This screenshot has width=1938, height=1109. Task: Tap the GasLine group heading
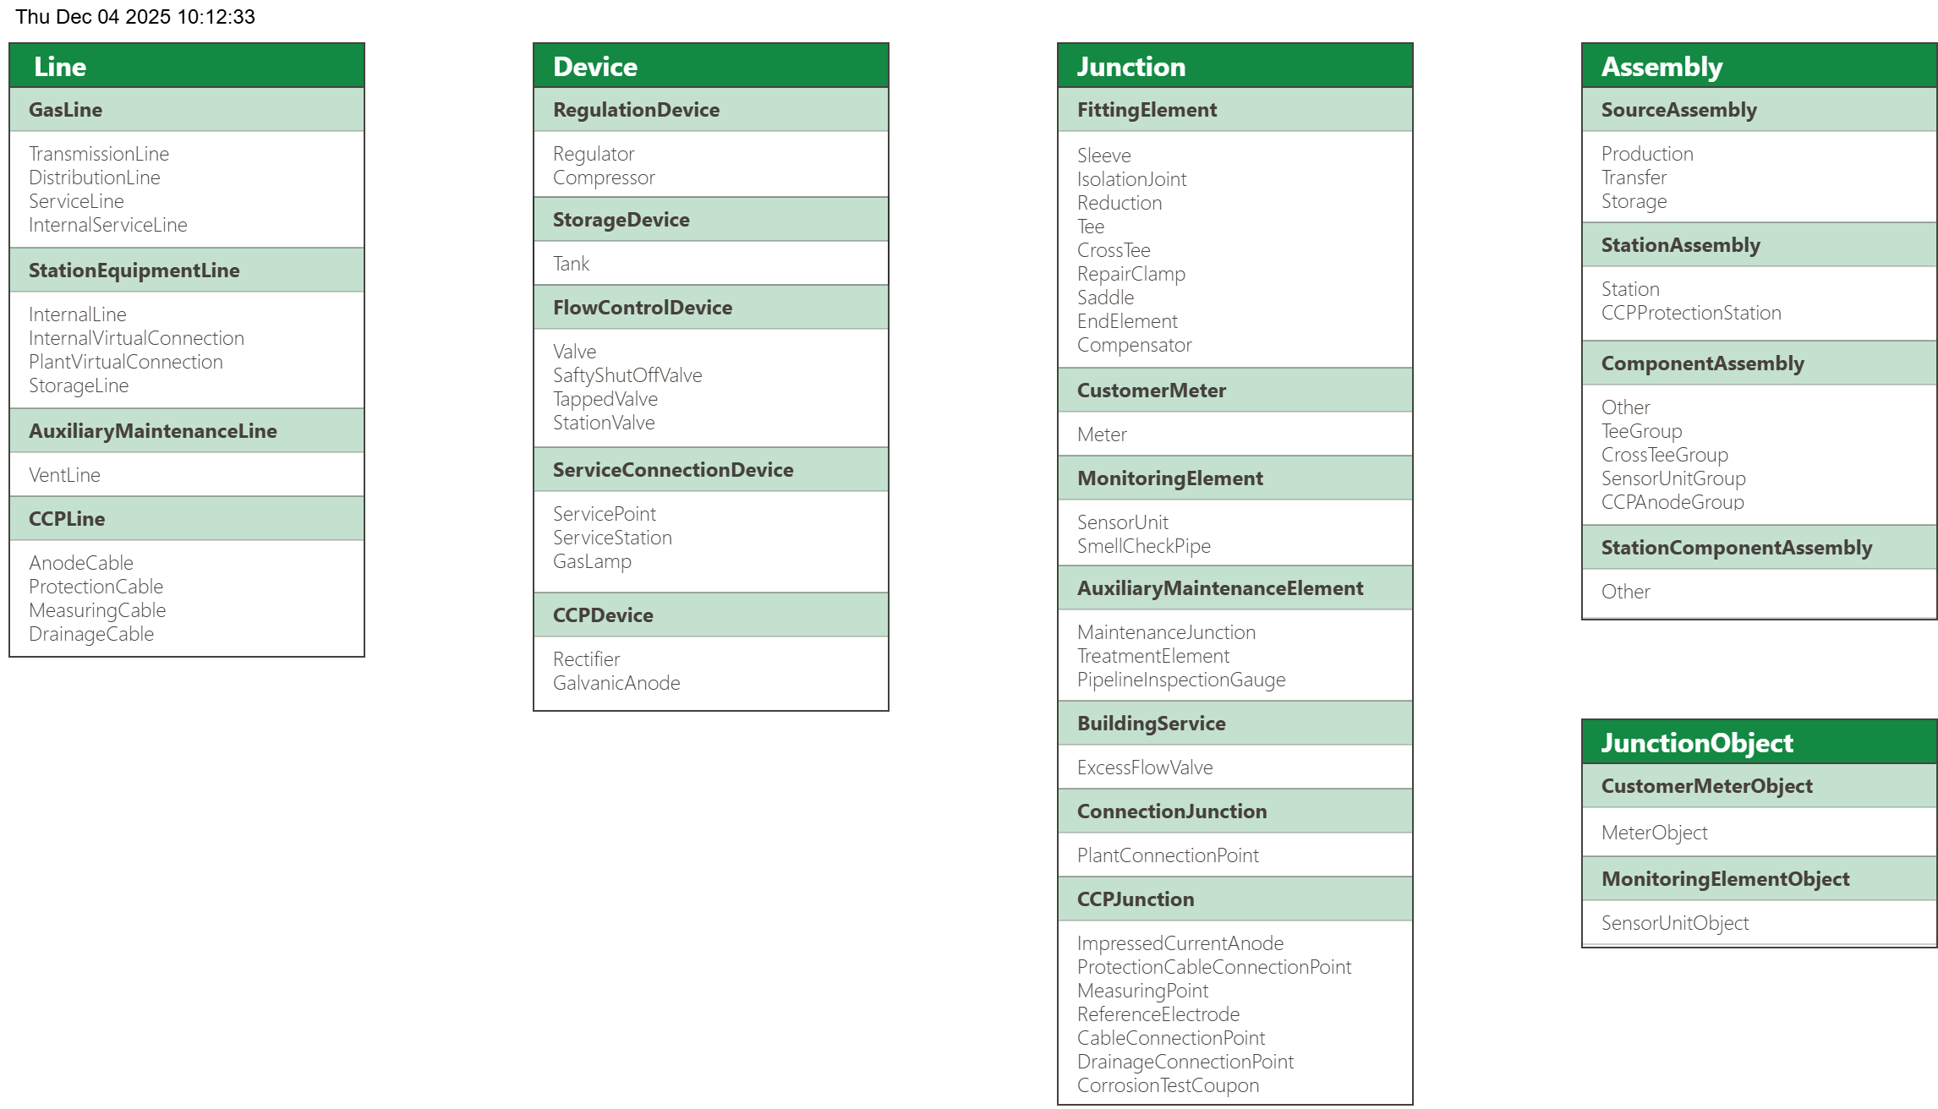point(65,110)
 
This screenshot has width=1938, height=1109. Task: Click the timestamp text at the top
point(135,17)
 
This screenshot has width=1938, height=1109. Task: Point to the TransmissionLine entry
point(99,154)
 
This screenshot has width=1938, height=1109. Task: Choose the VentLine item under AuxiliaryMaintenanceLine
point(64,475)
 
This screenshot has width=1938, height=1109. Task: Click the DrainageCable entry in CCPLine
point(91,634)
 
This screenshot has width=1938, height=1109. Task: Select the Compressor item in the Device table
point(604,178)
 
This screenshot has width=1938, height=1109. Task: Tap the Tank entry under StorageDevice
point(571,264)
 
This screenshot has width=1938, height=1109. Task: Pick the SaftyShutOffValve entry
point(627,375)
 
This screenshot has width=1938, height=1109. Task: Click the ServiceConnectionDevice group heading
point(673,470)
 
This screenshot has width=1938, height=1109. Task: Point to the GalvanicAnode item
point(616,683)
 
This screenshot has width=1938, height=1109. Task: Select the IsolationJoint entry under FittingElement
point(1131,179)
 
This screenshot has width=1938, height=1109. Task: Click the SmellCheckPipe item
point(1143,546)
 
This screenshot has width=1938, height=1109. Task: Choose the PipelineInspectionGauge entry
point(1180,680)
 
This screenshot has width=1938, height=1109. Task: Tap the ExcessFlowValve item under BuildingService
point(1145,768)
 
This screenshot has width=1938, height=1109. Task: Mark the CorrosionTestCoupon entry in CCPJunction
point(1168,1085)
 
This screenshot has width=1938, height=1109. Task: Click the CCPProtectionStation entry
point(1691,313)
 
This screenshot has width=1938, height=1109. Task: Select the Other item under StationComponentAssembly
point(1625,592)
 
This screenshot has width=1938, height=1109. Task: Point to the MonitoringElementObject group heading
point(1725,879)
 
